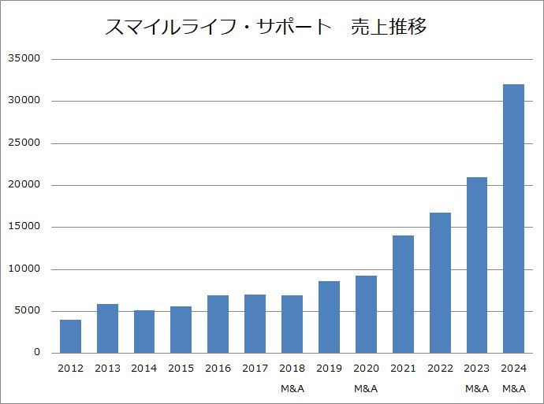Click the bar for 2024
[513, 218]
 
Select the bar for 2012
[70, 336]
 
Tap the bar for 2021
[403, 294]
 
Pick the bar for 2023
[476, 265]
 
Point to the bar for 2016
[218, 324]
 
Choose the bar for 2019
[329, 317]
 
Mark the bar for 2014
[144, 332]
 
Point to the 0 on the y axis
[36, 353]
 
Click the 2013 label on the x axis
[107, 368]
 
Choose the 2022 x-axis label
[440, 368]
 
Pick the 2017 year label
[255, 368]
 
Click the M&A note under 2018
[292, 388]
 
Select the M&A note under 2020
[366, 388]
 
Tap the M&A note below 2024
[513, 388]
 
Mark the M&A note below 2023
[476, 388]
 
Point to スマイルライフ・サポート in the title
[218, 28]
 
